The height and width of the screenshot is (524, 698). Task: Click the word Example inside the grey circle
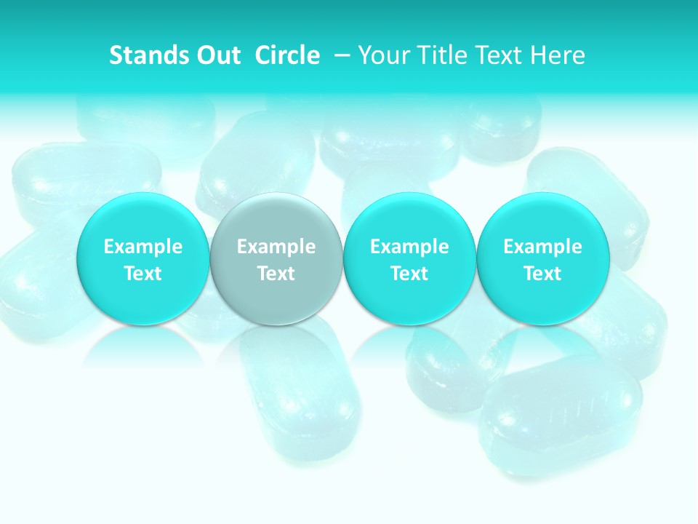pyautogui.click(x=276, y=247)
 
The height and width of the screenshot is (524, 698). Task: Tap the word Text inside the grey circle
pyautogui.click(x=276, y=274)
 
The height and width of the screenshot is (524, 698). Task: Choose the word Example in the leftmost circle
pyautogui.click(x=143, y=247)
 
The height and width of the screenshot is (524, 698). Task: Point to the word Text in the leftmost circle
pyautogui.click(x=143, y=274)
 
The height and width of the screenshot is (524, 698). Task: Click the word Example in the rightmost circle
pyautogui.click(x=542, y=247)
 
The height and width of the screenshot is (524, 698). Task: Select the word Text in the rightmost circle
pyautogui.click(x=542, y=274)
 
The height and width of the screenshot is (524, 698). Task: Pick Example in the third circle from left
pyautogui.click(x=409, y=247)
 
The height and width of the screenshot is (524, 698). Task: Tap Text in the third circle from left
pyautogui.click(x=409, y=274)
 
